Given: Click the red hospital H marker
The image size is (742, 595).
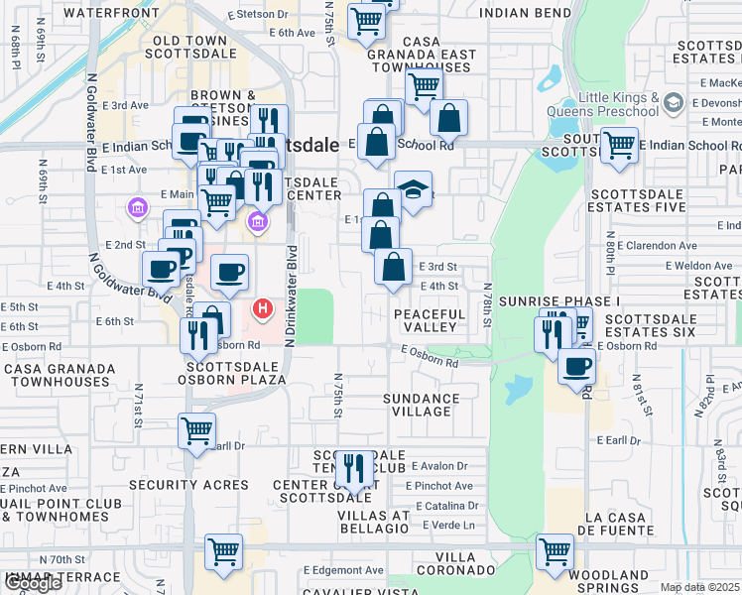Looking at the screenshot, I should point(263,309).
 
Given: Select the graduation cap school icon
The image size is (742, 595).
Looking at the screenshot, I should point(413,189).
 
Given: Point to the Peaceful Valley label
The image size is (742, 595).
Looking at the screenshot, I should point(430,320).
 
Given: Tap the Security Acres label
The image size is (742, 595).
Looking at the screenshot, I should point(188,485).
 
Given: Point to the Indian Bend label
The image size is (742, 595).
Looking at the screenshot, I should point(525,13).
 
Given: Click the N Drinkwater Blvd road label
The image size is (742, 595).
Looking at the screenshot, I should point(291,296).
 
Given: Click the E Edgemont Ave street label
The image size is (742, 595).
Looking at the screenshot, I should point(343,570).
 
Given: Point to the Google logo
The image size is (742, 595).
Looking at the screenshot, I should point(32,583).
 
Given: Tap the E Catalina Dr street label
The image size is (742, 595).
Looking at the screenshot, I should point(441,506).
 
